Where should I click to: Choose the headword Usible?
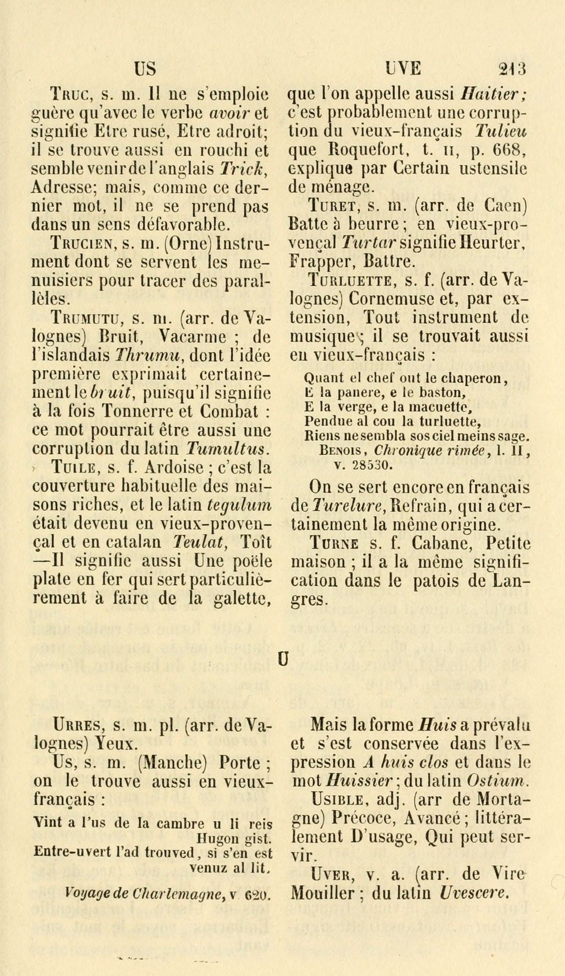click(x=336, y=800)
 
